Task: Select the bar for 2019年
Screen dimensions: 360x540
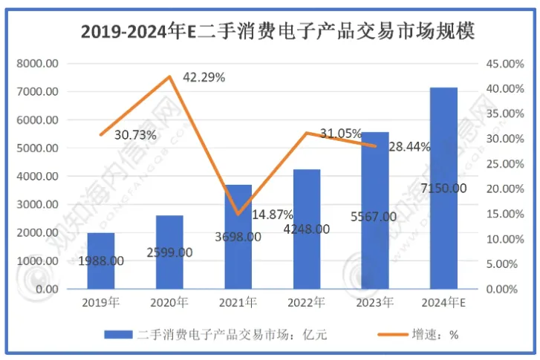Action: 102,260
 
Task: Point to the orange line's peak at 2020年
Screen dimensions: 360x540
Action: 170,76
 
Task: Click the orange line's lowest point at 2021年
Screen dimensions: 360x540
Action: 238,214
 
